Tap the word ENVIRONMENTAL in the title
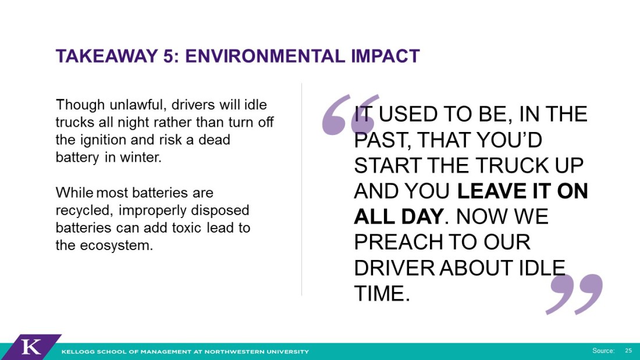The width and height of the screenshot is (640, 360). coord(265,56)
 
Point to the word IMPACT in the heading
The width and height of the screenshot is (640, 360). coord(385,56)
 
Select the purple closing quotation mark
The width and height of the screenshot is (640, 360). coord(575,294)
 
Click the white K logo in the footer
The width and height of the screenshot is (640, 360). coord(31,347)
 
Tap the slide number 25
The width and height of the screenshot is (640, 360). coord(628,351)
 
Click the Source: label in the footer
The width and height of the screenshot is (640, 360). coord(604,351)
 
